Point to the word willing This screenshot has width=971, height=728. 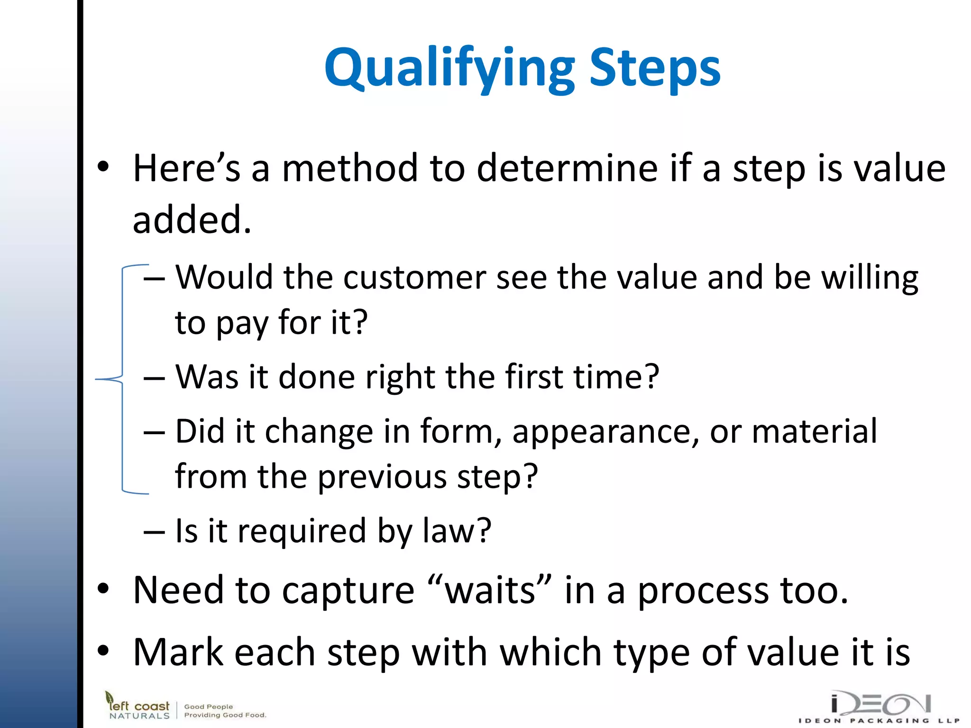click(x=870, y=279)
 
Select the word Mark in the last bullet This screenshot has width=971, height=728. click(x=177, y=653)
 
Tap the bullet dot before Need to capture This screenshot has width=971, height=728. click(x=103, y=589)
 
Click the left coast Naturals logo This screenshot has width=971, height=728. click(x=137, y=706)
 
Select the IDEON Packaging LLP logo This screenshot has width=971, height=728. click(x=879, y=707)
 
